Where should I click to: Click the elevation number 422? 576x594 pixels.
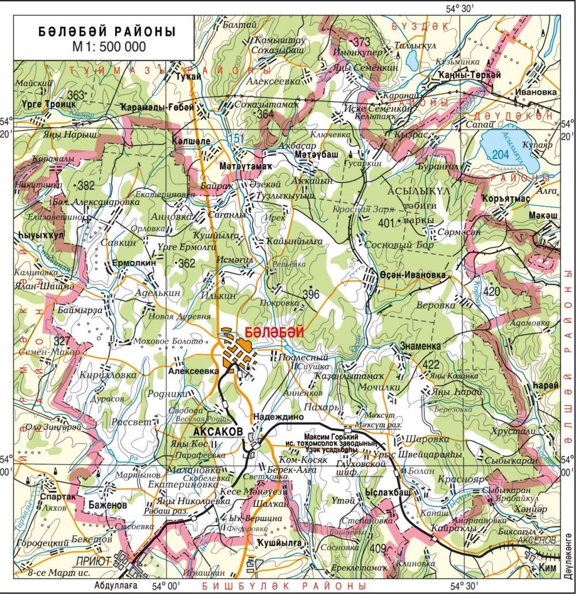pyautogui.click(x=430, y=365)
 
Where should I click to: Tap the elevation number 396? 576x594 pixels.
pyautogui.click(x=310, y=294)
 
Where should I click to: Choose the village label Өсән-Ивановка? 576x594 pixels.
pyautogui.click(x=412, y=275)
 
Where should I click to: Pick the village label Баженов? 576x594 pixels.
pyautogui.click(x=108, y=505)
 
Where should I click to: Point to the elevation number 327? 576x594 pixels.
pyautogui.click(x=62, y=340)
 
